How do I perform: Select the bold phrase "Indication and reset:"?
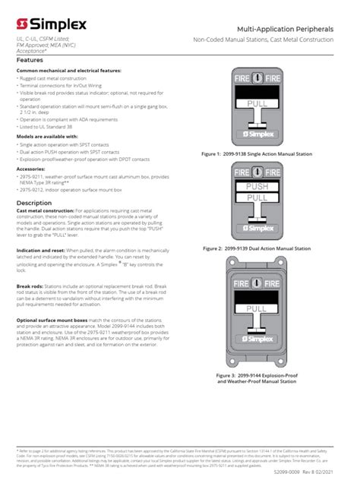click(40, 250)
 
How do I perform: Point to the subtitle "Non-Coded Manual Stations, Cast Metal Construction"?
click(274, 39)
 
